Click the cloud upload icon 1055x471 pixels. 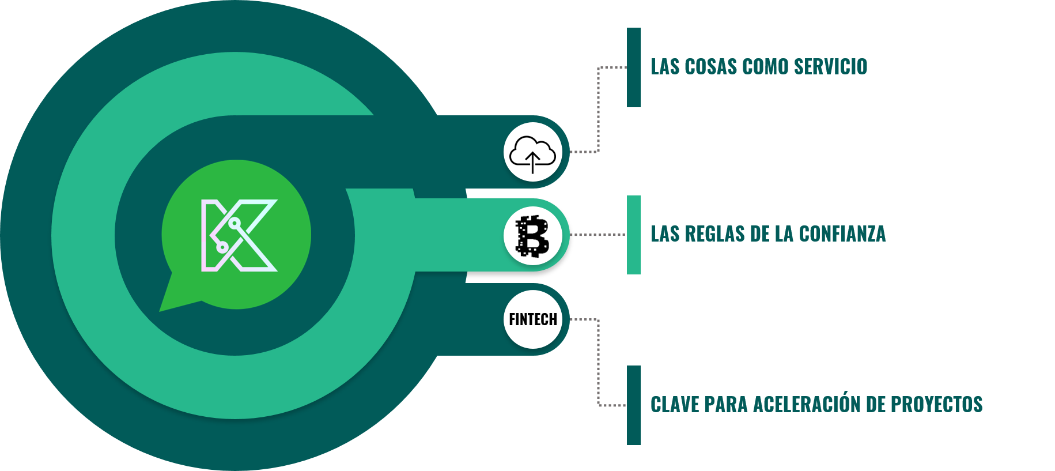click(x=533, y=153)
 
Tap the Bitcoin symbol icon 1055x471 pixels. click(x=533, y=236)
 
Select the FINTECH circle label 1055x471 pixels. click(x=533, y=319)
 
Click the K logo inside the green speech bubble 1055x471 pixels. click(x=239, y=235)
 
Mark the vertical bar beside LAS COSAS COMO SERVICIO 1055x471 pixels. click(x=633, y=67)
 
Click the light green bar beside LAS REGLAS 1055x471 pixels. click(x=633, y=235)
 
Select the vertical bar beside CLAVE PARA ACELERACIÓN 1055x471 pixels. click(x=633, y=405)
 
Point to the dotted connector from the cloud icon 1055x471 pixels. click(x=599, y=110)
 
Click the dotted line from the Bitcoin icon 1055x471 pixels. click(x=598, y=235)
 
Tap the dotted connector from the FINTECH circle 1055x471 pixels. click(x=599, y=363)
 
